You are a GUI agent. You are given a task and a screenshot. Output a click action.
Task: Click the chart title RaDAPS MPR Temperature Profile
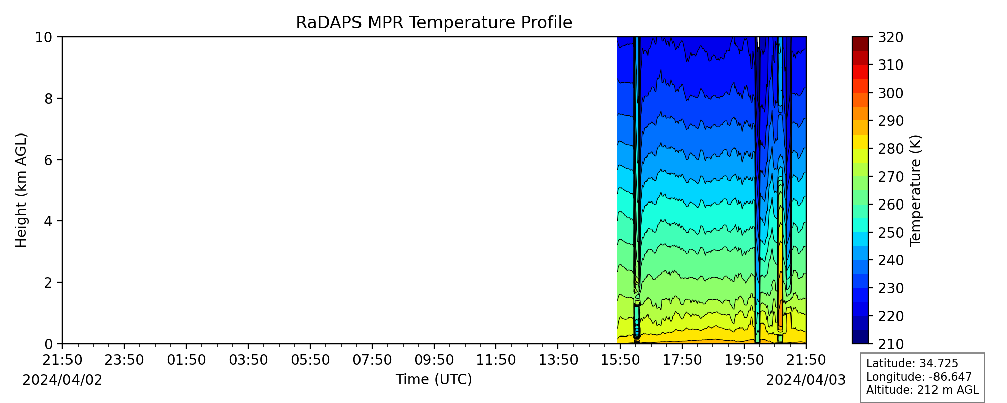click(434, 23)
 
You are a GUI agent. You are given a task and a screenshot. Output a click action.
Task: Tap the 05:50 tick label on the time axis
click(310, 360)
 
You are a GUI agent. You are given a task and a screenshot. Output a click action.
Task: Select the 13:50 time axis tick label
click(558, 360)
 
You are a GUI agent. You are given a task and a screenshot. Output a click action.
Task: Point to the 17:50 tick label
click(682, 360)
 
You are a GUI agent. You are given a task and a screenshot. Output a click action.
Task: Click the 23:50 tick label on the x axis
click(124, 360)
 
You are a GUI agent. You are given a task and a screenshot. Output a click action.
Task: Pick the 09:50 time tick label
click(434, 360)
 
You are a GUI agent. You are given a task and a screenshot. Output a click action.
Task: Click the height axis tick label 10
click(43, 37)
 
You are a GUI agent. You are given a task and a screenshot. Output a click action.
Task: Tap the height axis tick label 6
click(48, 160)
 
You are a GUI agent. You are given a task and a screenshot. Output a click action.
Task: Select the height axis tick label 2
click(48, 283)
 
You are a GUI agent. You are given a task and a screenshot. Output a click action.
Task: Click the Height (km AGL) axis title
click(21, 190)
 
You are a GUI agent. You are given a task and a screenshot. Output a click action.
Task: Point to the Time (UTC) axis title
click(434, 379)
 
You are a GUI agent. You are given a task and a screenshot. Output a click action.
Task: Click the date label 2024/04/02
click(62, 380)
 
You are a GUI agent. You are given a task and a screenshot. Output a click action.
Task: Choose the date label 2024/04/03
click(806, 380)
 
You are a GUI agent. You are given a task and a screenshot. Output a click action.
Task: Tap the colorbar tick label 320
click(890, 37)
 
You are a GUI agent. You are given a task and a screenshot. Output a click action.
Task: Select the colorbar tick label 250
click(890, 233)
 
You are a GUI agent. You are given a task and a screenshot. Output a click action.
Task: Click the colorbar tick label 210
click(890, 344)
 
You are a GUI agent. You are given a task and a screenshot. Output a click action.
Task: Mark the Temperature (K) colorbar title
click(915, 190)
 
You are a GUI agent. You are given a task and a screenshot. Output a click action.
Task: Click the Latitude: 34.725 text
click(912, 364)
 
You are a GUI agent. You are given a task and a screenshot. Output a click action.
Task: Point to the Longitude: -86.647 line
click(919, 377)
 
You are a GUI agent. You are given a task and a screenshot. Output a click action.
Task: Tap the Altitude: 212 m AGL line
click(922, 390)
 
